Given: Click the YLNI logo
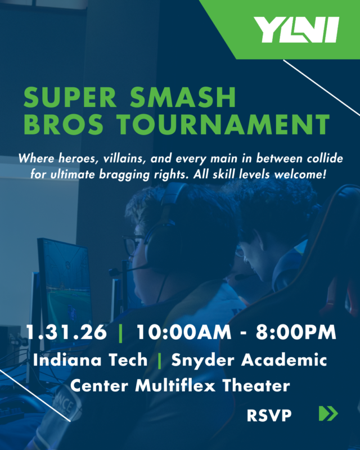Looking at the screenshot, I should pyautogui.click(x=296, y=30).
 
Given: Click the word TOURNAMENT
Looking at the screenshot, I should pyautogui.click(x=226, y=125).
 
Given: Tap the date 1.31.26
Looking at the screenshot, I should pyautogui.click(x=66, y=332).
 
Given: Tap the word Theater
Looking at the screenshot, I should pyautogui.click(x=256, y=386).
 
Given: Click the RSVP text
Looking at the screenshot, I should pyautogui.click(x=269, y=416).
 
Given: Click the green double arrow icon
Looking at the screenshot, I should pyautogui.click(x=328, y=414).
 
